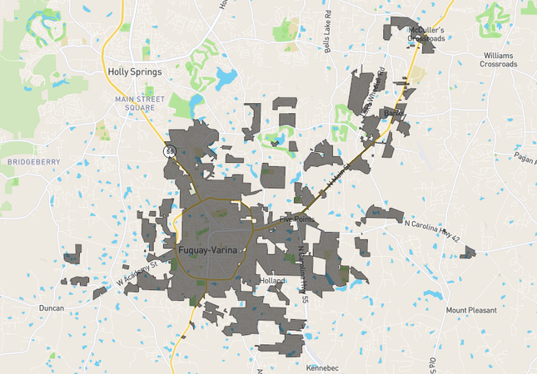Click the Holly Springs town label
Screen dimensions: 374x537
click(134, 72)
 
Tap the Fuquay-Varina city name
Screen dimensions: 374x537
click(205, 249)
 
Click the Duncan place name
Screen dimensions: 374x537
click(52, 308)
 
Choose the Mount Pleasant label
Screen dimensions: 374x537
click(471, 310)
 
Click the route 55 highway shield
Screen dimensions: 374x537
click(170, 152)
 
